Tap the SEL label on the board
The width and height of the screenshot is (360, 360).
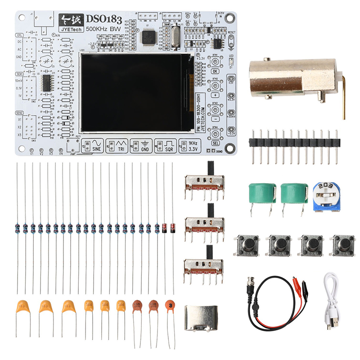pos(215,143)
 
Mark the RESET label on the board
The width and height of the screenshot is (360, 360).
pos(232,33)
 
